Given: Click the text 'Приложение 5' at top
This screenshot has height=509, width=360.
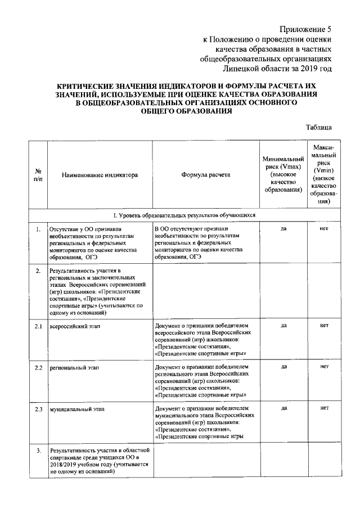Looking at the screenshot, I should [x=304, y=29].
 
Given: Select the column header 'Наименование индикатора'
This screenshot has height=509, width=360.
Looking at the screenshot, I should [x=100, y=175].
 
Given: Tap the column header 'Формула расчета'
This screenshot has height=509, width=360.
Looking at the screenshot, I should [x=205, y=175].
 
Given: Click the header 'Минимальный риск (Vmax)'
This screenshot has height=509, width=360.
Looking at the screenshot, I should [x=283, y=175].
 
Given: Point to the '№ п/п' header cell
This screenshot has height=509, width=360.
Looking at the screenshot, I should [x=38, y=175].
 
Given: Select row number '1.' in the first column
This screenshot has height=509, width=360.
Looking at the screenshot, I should [x=38, y=229].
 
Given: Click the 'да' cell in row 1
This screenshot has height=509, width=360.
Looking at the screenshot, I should [x=283, y=229].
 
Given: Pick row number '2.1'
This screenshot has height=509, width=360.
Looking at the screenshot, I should [x=38, y=326].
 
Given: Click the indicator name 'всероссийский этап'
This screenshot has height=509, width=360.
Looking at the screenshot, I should [x=73, y=326].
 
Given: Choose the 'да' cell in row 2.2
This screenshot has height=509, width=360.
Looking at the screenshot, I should [x=283, y=367].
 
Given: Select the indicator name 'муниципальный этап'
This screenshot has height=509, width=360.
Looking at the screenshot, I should [x=75, y=408].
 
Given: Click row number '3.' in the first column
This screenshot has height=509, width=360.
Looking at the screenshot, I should [x=38, y=451].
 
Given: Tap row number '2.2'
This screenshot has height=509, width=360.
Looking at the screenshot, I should [x=38, y=367].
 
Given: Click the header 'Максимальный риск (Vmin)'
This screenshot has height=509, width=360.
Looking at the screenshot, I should [x=323, y=175].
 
